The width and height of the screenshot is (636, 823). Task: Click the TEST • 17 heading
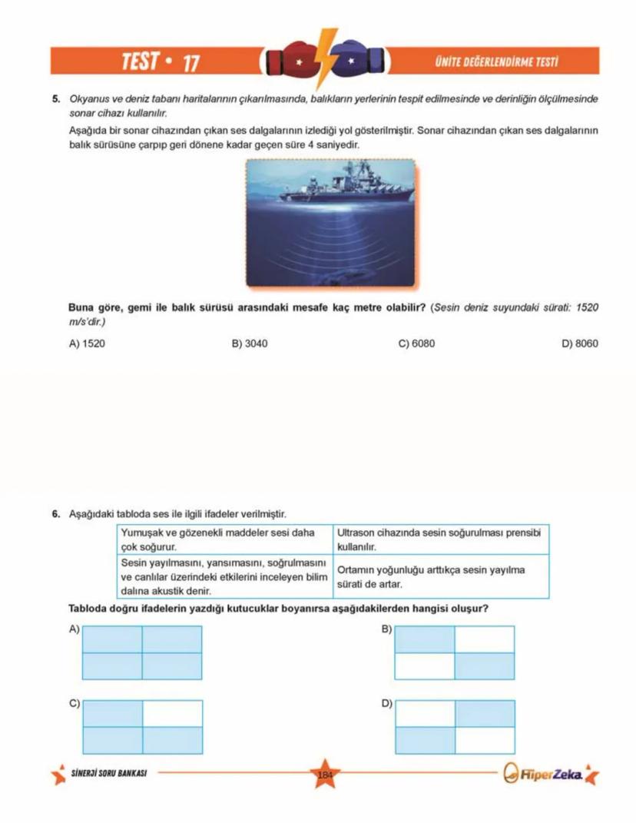click(161, 61)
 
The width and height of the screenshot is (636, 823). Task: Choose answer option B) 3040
click(249, 343)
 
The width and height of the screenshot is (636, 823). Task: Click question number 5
click(55, 99)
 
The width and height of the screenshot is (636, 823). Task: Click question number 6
click(55, 513)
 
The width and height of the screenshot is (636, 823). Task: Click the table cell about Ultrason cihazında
click(441, 539)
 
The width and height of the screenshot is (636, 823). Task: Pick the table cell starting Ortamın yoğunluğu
click(441, 577)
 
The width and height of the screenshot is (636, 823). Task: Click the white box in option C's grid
click(172, 713)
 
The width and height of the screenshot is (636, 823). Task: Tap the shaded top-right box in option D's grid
click(484, 713)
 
